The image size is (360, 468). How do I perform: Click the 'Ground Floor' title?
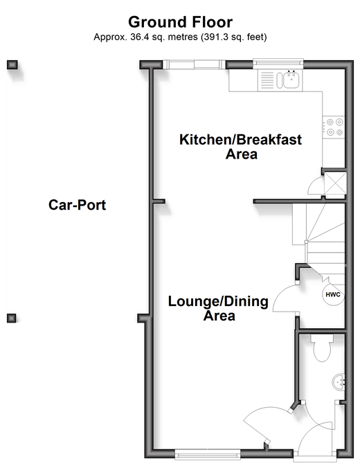coord(180,22)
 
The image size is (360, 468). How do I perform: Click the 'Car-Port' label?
coord(77,205)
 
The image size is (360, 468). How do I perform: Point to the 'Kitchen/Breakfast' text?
coord(240,140)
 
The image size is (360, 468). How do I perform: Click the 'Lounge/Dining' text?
coord(218,301)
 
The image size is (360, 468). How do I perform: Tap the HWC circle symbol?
coord(333,295)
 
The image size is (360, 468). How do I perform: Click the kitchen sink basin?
coord(291,80)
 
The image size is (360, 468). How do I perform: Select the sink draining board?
coord(267,80)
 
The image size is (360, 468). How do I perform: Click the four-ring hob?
coord(334,127)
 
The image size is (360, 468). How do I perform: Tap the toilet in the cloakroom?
coord(322,348)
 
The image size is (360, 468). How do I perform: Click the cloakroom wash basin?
coord(339,382)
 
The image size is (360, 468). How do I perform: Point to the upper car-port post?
coord(12,64)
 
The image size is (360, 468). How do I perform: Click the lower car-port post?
coord(12,318)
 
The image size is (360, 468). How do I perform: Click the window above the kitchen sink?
coord(278,62)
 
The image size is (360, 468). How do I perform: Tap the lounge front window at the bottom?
coord(208,455)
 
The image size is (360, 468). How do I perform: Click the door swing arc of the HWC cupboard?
coord(280,296)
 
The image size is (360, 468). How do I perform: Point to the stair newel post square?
coord(306,242)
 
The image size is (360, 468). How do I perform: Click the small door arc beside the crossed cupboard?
coord(312,183)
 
